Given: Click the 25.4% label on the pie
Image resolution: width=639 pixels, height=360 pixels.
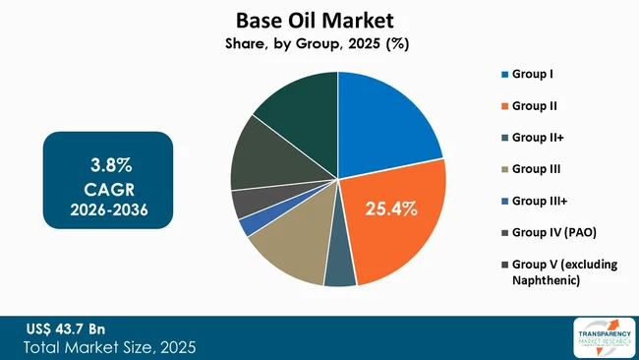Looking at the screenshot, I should click(392, 209).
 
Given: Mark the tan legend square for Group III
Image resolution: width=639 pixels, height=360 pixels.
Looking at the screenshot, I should click(505, 169).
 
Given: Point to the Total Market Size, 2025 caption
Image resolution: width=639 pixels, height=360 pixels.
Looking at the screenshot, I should click(107, 346).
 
